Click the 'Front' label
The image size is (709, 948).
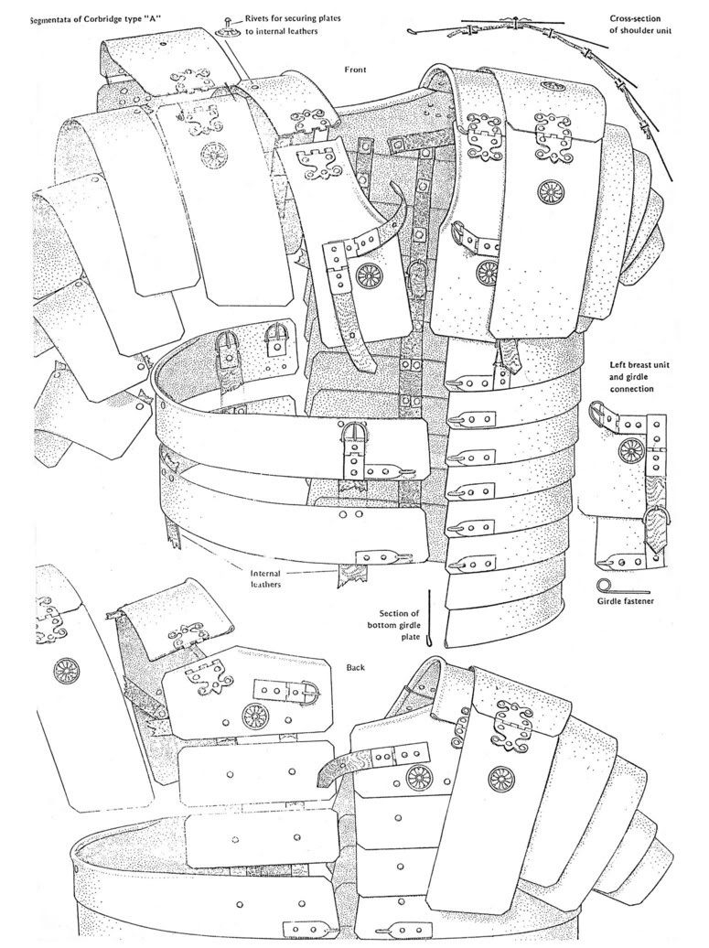(355, 70)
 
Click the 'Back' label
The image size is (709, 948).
(355, 667)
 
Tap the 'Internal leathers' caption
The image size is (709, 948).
(266, 578)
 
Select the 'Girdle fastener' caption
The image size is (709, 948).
(625, 601)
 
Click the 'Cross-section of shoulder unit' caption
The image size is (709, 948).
(639, 25)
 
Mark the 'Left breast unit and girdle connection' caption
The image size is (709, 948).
(639, 377)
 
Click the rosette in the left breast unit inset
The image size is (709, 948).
(631, 448)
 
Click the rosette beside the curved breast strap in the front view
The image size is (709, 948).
(367, 275)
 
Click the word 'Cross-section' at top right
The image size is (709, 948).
(635, 18)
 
